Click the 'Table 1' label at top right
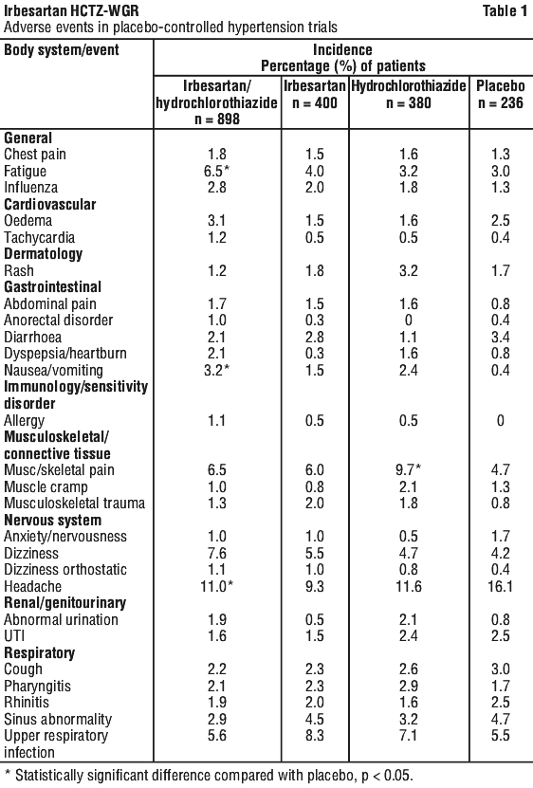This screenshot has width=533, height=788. click(505, 10)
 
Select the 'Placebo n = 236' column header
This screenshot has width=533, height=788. click(501, 94)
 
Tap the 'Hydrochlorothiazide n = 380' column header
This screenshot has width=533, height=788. click(409, 94)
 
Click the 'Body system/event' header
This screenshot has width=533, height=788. click(62, 49)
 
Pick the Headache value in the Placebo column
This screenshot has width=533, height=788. click(501, 586)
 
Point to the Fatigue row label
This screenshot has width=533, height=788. click(26, 172)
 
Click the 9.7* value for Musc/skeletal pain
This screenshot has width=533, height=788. click(409, 469)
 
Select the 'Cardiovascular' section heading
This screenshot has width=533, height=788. click(49, 204)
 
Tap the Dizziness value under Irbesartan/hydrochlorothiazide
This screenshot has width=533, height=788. click(217, 553)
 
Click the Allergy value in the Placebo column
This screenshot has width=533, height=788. click(501, 420)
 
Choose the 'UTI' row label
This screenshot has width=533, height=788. click(14, 635)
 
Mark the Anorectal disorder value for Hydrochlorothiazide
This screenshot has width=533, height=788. click(409, 321)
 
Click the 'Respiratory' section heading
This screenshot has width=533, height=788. click(39, 652)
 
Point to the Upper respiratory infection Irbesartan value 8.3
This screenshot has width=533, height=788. click(314, 735)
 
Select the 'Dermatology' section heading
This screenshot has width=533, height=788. click(43, 254)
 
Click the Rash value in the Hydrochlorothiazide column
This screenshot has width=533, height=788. click(409, 270)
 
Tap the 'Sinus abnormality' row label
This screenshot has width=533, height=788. click(57, 719)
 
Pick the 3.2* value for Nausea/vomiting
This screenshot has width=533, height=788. click(217, 370)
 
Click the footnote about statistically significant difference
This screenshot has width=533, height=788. click(209, 776)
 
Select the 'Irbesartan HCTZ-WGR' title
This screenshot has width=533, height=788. click(71, 10)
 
